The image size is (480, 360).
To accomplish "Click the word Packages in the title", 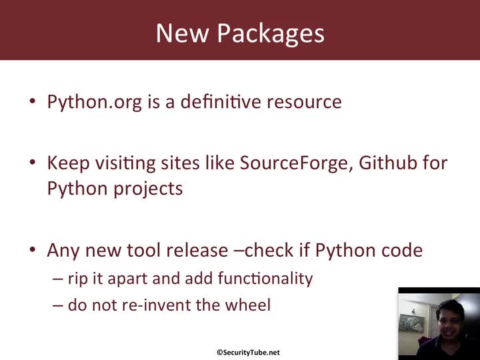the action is (x=271, y=33).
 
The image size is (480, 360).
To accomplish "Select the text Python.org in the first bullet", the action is (x=94, y=102).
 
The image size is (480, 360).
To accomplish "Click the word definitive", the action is (x=221, y=101).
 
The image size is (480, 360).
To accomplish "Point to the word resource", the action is (x=304, y=103).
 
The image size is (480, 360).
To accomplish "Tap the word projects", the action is (x=149, y=189).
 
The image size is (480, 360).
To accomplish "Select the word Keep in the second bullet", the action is (x=68, y=163).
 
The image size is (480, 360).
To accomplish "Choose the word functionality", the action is (x=265, y=279).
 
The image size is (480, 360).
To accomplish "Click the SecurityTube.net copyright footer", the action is (x=248, y=353).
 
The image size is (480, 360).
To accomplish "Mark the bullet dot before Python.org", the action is (x=33, y=101).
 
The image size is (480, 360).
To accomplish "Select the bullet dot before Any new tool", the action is (x=33, y=249).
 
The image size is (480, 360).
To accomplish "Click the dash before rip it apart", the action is (x=58, y=279).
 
